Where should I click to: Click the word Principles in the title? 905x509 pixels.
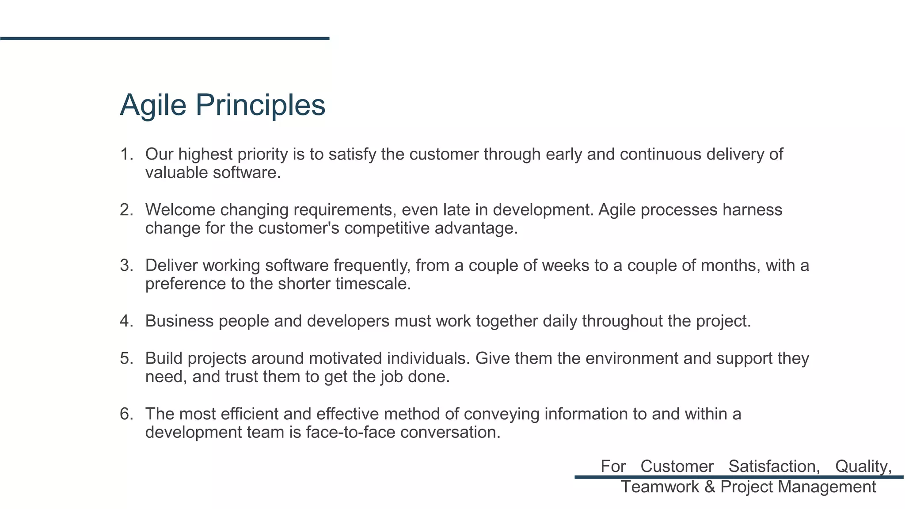coord(260,105)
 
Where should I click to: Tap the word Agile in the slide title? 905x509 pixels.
coord(153,105)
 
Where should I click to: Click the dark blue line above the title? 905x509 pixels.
coord(164,38)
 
